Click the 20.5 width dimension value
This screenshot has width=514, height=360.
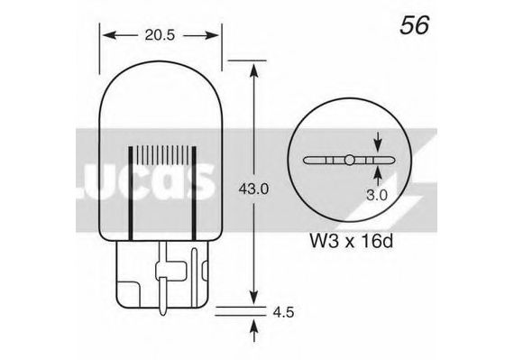[160, 35]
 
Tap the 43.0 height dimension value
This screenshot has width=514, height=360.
[253, 189]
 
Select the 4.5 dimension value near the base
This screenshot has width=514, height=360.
[283, 312]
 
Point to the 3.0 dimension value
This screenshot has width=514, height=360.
[377, 195]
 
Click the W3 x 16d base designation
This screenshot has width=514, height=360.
[351, 242]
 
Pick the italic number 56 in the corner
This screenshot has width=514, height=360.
[414, 25]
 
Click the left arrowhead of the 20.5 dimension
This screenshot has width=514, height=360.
[109, 35]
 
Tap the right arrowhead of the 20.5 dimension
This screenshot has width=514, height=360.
[212, 35]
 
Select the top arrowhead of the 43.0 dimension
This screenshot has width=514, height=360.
[254, 70]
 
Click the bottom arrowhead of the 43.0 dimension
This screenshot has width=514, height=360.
[254, 297]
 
